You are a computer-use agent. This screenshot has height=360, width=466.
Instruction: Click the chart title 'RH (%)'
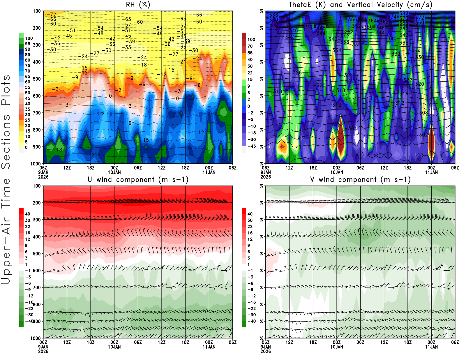point(138,5)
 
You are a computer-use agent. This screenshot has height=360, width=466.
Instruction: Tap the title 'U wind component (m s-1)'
point(138,180)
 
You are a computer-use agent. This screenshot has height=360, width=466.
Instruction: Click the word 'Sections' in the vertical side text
point(6,142)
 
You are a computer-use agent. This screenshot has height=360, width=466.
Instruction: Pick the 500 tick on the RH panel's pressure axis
point(37,79)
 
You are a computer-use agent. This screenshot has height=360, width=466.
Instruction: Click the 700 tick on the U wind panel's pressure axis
point(37,287)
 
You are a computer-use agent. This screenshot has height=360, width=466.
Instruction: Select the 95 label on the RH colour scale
point(27,44)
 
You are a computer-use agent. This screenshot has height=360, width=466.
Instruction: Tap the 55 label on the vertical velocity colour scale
point(250,53)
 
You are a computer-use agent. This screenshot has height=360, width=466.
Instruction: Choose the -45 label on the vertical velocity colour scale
point(251,146)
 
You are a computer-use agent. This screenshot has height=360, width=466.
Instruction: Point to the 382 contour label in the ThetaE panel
point(403,14)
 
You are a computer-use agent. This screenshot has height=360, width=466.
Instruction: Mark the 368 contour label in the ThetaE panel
point(273,15)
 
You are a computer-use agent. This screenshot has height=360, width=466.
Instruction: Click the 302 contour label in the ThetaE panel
point(423,135)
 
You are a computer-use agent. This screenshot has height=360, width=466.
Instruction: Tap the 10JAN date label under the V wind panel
point(336,347)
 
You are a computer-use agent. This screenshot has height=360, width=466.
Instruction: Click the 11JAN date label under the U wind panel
point(209,347)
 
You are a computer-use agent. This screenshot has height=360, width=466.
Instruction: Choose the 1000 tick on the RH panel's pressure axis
point(36,164)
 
